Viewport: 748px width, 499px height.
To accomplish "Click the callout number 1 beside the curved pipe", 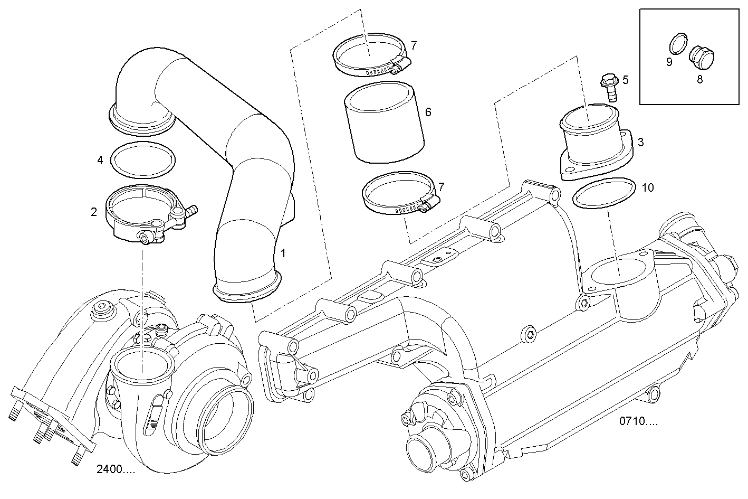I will pos(283,253).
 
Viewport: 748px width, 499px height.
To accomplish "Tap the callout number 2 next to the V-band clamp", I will pos(94,212).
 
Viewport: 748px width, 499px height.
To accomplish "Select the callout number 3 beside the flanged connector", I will pos(640,142).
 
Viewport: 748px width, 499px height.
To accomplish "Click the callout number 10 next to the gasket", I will pos(648,187).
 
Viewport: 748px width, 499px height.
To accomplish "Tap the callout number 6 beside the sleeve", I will pos(428,112).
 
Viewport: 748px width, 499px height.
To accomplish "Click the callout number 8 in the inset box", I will pos(699,80).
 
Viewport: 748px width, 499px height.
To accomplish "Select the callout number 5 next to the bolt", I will pos(625,80).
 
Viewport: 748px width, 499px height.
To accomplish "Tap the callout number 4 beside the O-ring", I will pos(100,159).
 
